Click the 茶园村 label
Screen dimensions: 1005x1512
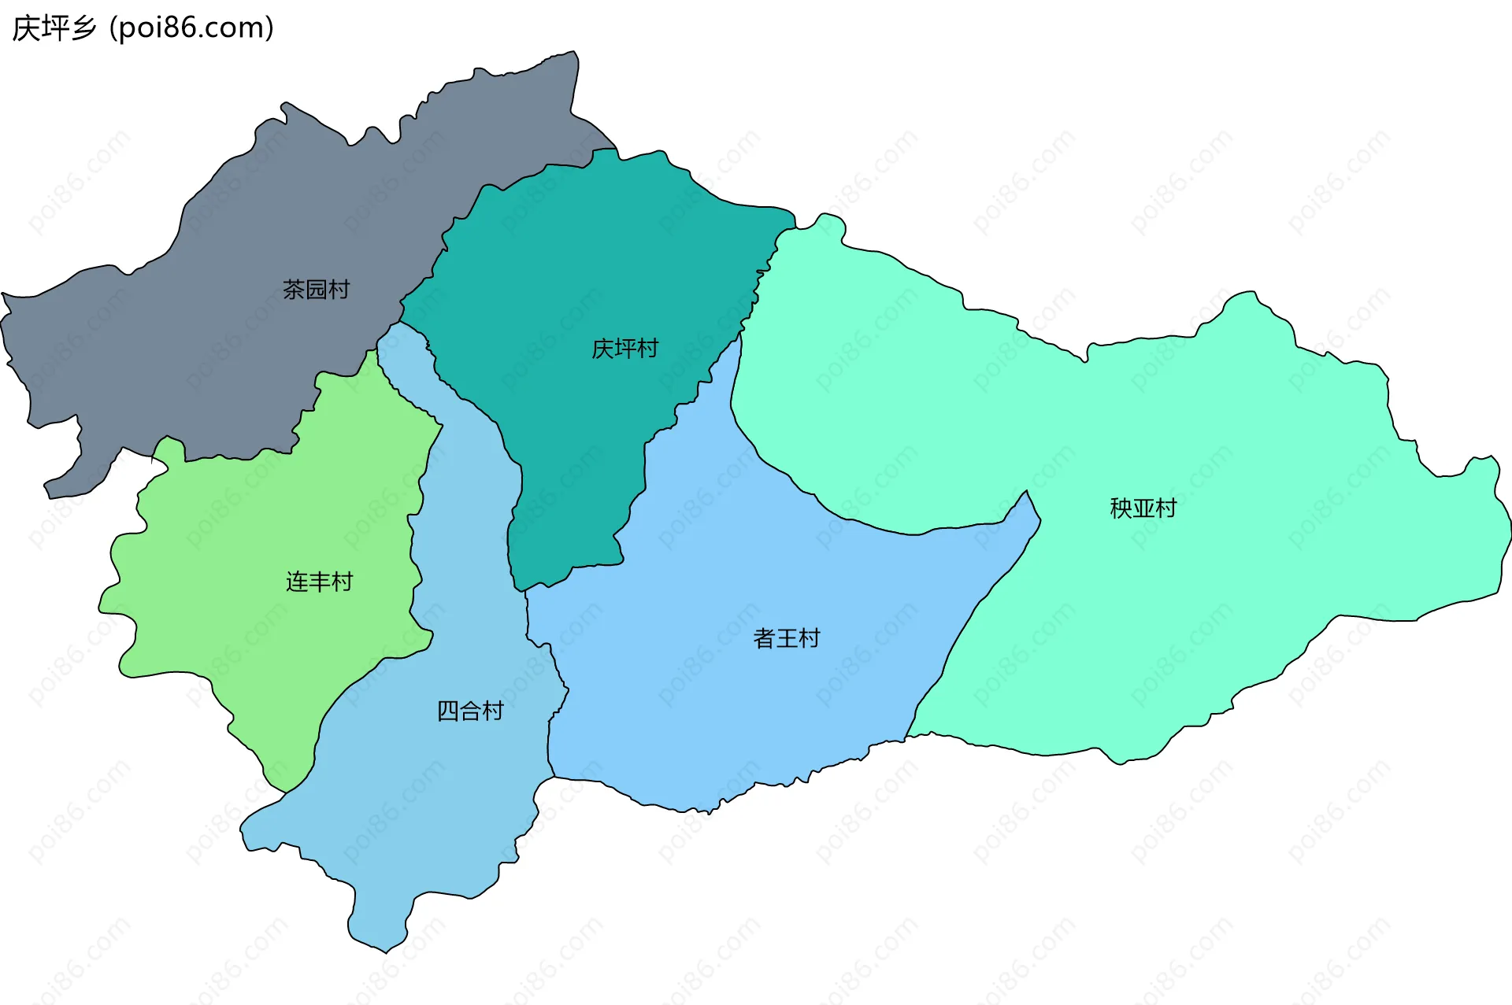point(316,290)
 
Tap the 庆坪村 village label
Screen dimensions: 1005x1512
point(624,349)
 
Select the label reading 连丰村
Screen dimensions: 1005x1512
point(319,582)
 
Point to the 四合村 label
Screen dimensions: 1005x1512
point(470,711)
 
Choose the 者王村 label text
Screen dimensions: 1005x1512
point(786,637)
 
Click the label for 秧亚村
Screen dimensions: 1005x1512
point(1143,508)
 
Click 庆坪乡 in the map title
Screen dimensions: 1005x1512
point(54,28)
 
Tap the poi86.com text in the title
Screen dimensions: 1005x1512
point(191,28)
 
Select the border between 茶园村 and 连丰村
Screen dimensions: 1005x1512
point(236,457)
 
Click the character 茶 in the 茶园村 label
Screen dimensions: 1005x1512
point(294,290)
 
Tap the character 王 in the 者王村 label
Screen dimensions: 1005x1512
point(786,637)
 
